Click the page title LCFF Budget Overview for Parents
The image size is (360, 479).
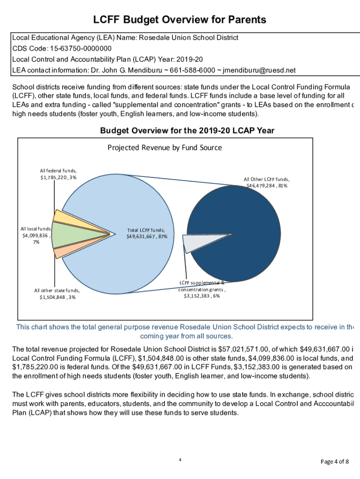coord(180,20)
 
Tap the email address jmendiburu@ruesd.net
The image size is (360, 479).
coord(259,71)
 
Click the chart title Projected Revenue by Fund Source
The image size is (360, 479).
coord(165,148)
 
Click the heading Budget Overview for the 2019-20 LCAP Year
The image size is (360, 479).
coord(187,131)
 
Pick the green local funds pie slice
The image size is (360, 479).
coord(63,235)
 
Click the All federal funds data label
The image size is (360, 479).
coord(58,174)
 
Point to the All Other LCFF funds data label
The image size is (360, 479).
coord(266,182)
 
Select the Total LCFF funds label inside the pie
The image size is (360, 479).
coord(147,233)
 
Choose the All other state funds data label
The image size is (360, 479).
coord(57,293)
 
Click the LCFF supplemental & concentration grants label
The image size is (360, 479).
coord(202,289)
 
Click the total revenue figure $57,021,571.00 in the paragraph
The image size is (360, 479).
coord(246,349)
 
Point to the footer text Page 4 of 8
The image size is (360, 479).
coord(334,462)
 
